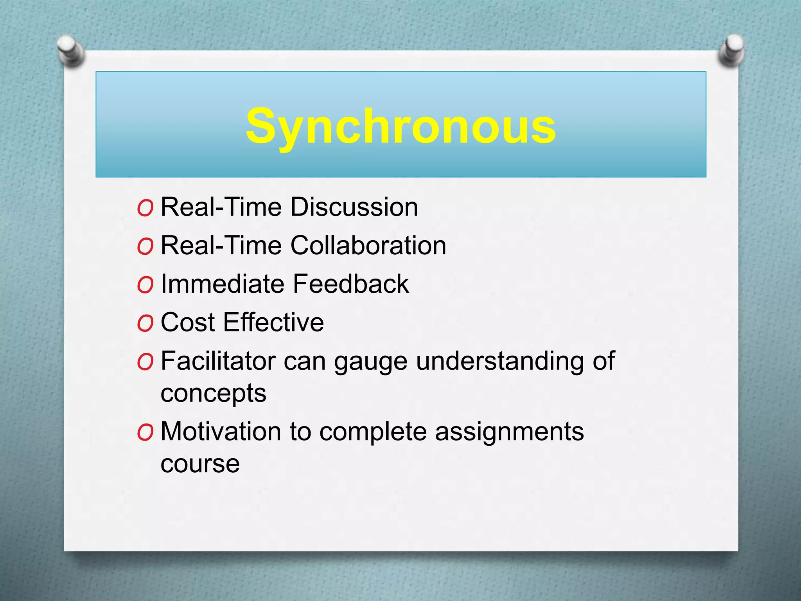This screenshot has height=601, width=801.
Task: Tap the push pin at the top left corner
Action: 70,51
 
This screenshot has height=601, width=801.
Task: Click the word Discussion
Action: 354,207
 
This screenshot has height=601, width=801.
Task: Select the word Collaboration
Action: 368,246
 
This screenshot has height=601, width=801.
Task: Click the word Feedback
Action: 351,284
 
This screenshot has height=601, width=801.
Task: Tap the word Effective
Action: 274,322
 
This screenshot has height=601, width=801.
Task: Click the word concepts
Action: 214,394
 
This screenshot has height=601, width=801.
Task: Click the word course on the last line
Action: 200,464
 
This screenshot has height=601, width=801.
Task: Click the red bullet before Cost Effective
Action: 145,324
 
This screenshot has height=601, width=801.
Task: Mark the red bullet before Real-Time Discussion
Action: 145,208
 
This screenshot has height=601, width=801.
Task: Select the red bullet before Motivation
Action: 145,433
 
